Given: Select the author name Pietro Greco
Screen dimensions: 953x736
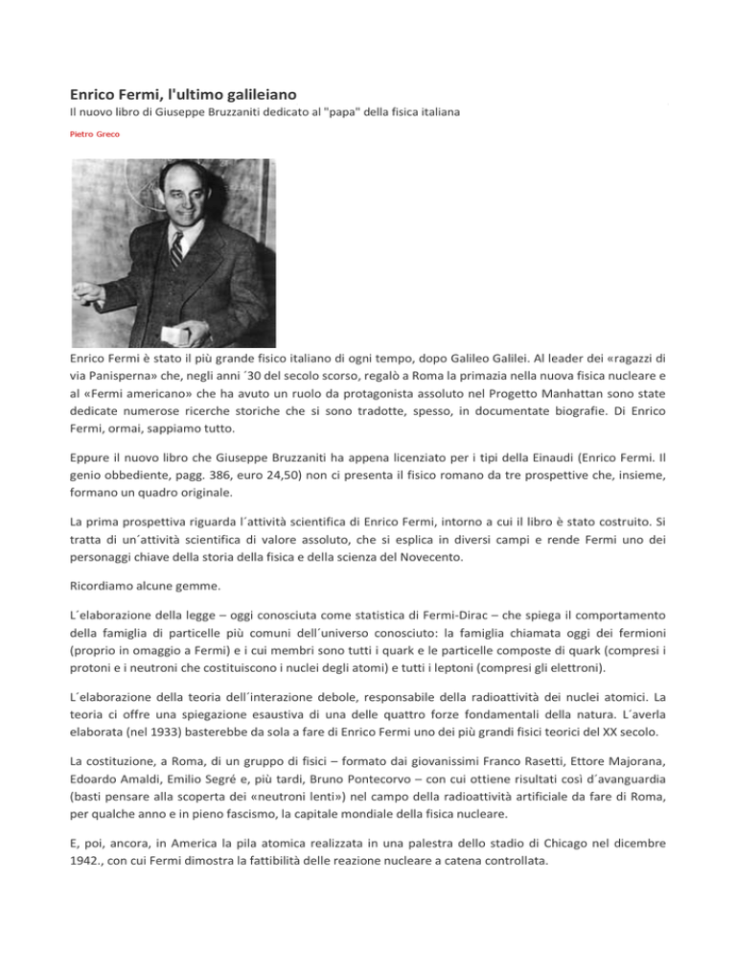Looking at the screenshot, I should coord(95,136).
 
